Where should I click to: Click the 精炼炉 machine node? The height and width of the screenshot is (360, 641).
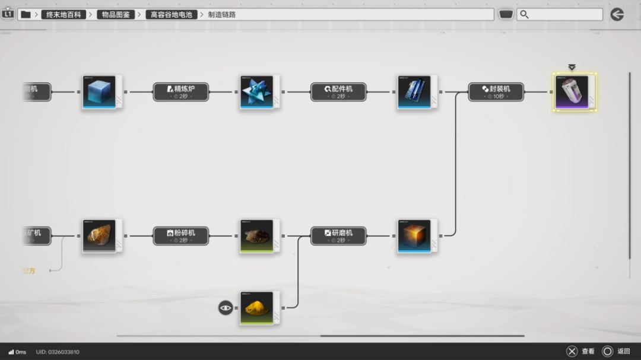pos(181,91)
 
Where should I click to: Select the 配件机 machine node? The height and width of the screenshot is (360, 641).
pos(338,91)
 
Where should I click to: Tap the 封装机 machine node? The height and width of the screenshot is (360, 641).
pos(496,91)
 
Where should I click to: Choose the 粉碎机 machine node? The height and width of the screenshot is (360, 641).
pos(181,235)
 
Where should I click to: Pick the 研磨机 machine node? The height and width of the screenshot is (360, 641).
pos(338,235)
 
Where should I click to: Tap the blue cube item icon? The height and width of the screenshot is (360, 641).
pos(100,92)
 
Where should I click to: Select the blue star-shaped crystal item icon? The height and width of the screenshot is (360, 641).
pos(257,92)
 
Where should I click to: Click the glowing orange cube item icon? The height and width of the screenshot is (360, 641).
pos(414,236)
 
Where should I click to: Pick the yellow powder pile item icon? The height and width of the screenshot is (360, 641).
pos(257,308)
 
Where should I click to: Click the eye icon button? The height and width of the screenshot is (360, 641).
pos(226,308)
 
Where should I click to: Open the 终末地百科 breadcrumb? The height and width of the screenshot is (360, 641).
pos(64,14)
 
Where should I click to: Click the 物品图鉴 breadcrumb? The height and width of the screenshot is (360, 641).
pos(116,14)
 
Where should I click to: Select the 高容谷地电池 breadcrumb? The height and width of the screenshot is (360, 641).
pos(172,14)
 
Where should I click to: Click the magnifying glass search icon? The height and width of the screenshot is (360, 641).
pos(524,14)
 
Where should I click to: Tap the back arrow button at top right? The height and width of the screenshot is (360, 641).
pos(617,14)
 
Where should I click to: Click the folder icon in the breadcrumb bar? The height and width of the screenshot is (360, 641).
pos(26,14)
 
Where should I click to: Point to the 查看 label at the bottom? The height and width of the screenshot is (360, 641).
pos(588,352)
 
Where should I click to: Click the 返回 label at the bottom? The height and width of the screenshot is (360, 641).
pos(623,352)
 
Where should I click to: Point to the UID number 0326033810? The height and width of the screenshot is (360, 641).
pos(58,352)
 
